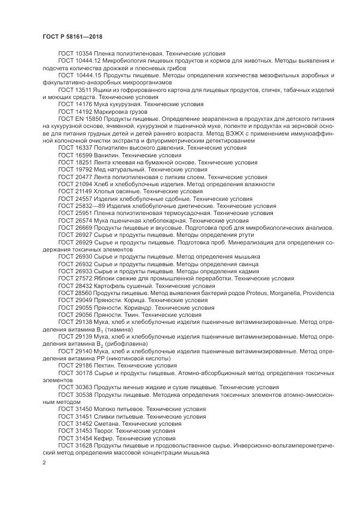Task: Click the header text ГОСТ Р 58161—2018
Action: [72, 36]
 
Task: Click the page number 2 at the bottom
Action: [44, 462]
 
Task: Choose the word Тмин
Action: [130, 315]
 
